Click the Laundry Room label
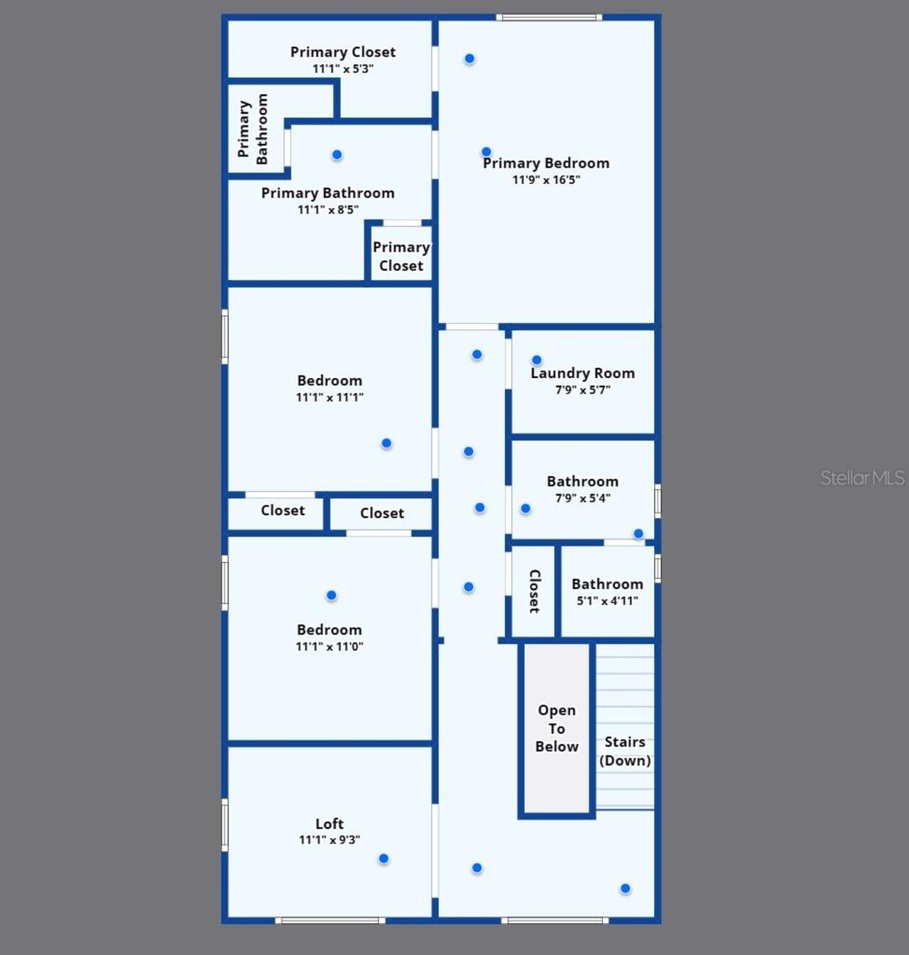583,373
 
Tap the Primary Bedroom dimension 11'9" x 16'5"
546,180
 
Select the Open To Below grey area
557,728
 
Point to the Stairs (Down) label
625,751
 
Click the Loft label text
330,824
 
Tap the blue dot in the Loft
383,859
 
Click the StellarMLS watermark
862,478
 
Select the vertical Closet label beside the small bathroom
534,591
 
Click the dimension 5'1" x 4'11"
607,601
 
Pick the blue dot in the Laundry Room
537,360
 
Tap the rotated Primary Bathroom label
253,129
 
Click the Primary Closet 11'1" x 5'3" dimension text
343,69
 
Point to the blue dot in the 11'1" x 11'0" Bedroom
331,595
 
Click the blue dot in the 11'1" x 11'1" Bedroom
386,443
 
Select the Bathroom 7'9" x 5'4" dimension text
583,498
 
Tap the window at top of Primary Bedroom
549,18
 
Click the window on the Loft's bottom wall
330,920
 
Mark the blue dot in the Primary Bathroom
337,155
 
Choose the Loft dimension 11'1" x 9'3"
330,840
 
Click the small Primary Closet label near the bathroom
401,257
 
